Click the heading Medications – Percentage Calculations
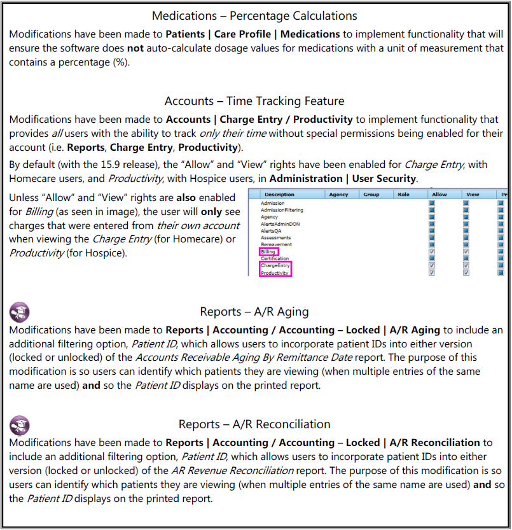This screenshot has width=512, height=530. [x=254, y=15]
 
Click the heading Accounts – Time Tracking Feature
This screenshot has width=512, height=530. [x=254, y=101]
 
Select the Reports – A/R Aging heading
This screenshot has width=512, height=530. [x=254, y=312]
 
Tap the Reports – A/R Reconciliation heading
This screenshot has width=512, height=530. [x=254, y=424]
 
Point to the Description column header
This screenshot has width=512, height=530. [x=279, y=195]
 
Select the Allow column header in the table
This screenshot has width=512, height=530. [x=439, y=195]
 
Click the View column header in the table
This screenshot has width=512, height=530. [x=473, y=195]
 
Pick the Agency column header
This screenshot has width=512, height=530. [x=338, y=195]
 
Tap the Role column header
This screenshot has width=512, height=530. [x=403, y=195]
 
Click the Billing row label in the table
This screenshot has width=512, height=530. [x=268, y=252]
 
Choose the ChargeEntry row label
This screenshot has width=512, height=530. [x=274, y=265]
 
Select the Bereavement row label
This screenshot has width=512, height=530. [x=276, y=244]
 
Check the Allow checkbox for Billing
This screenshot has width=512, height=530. [x=432, y=252]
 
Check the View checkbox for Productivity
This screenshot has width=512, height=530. [x=466, y=273]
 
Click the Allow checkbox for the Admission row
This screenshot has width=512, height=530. [x=432, y=203]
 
